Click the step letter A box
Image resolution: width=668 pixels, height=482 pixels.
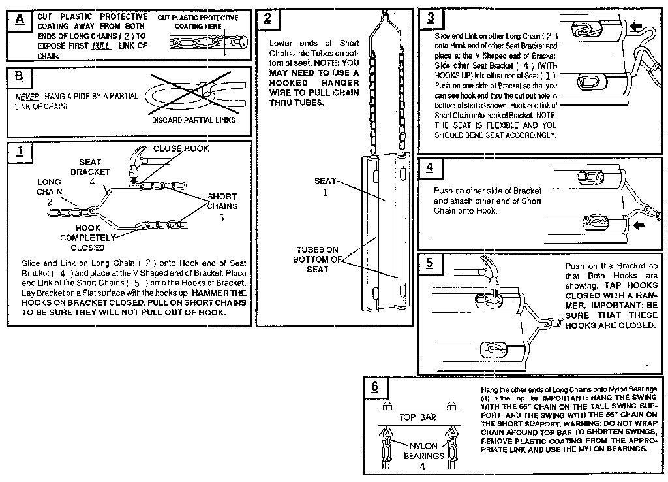click(20, 20)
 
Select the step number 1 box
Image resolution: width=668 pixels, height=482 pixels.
click(20, 152)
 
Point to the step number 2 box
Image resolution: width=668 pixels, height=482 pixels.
click(267, 19)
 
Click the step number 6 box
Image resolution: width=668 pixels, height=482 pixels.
click(374, 387)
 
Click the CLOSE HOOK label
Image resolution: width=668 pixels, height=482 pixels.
click(181, 148)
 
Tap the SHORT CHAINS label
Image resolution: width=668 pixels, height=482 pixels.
click(222, 201)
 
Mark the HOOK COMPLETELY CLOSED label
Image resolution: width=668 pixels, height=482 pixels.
click(87, 238)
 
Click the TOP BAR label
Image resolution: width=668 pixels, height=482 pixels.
click(417, 417)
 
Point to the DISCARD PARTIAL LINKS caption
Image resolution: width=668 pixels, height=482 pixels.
click(194, 120)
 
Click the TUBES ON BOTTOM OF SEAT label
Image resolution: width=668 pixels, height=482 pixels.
click(318, 259)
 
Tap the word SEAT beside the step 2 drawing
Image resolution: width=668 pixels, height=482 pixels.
click(325, 180)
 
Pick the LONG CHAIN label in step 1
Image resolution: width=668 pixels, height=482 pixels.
click(49, 187)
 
